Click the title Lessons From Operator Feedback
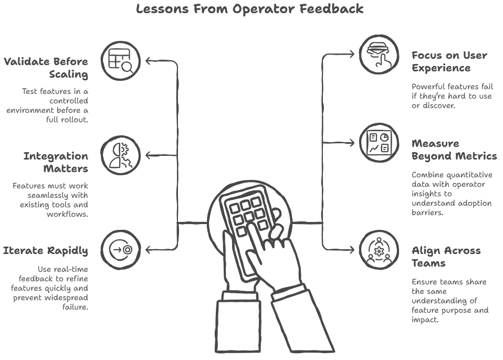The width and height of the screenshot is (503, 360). click(x=249, y=9)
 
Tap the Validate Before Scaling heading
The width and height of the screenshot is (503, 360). click(x=46, y=68)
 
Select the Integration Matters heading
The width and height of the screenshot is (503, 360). click(x=56, y=162)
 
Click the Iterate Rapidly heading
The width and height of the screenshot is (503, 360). click(x=46, y=250)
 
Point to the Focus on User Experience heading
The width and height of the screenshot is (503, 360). click(x=449, y=61)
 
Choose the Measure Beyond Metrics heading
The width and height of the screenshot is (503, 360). click(x=454, y=150)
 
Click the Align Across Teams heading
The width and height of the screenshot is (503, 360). click(x=446, y=256)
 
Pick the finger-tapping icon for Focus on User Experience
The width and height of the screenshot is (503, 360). click(x=380, y=54)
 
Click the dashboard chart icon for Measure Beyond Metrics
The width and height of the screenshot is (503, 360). click(x=380, y=142)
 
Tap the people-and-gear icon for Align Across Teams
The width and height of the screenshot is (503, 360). click(x=380, y=250)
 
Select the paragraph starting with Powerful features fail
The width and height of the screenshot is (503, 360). click(x=452, y=96)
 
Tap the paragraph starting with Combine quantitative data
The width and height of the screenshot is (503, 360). click(x=452, y=194)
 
